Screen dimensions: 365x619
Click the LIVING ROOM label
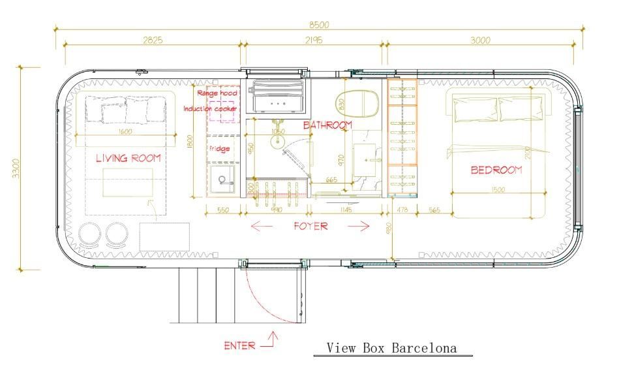coord(128,159)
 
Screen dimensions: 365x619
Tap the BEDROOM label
coord(496,170)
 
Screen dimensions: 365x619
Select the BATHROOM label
coord(327,125)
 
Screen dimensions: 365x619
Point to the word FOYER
coord(310,227)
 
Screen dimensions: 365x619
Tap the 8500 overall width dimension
coord(318,25)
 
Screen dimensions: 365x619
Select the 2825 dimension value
coord(151,40)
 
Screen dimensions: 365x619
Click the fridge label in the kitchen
coord(219,149)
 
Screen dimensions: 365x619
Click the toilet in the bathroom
coord(357,103)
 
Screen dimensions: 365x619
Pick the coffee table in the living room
coord(127,182)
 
